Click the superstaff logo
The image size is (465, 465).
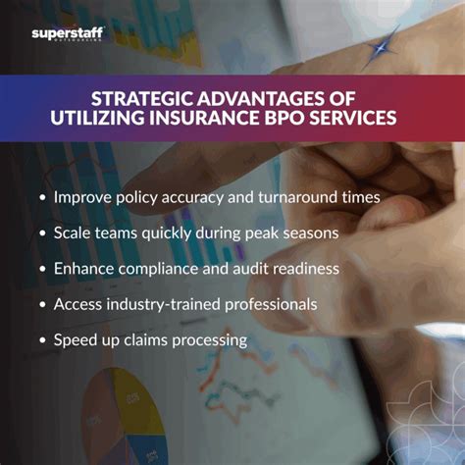[x=66, y=34]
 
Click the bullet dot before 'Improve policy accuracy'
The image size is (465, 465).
[x=41, y=198]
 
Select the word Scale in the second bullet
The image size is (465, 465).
[x=74, y=233]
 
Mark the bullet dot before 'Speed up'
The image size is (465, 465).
[x=41, y=341]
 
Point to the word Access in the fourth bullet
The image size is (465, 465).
[x=78, y=304]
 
